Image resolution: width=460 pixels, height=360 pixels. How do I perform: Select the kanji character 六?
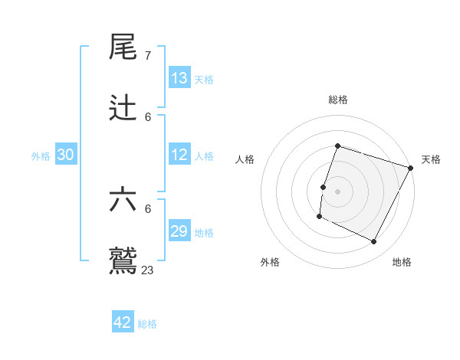point(123,201)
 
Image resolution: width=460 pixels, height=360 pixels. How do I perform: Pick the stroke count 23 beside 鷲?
point(148,270)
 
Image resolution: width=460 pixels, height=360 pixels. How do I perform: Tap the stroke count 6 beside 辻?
point(148,117)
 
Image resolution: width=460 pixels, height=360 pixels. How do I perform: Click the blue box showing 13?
point(179,78)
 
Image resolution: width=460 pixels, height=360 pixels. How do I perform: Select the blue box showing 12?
point(179,155)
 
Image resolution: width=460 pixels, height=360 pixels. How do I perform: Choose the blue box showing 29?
point(179,231)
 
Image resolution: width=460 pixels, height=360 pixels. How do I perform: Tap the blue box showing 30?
point(66,155)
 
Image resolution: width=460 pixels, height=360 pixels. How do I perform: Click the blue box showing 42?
point(123,322)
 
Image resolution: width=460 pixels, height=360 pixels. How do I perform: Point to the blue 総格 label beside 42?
point(147,324)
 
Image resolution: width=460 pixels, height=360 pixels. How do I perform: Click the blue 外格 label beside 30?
point(41,156)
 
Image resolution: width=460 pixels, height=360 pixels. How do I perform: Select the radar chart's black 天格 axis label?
point(431,159)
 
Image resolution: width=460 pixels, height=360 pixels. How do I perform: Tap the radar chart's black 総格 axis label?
point(338,100)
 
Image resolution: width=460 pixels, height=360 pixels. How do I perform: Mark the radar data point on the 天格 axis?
point(411,168)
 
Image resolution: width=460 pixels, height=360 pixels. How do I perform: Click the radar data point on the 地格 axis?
point(374,242)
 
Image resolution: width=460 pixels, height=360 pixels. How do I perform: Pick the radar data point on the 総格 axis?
point(338,146)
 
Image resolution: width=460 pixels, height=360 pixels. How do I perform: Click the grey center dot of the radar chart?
point(338,191)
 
